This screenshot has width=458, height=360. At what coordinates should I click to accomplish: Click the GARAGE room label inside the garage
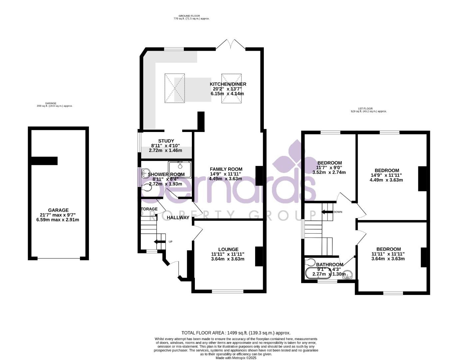[58, 210]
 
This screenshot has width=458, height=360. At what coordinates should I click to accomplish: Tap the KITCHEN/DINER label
[228, 84]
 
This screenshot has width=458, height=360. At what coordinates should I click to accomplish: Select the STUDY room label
[166, 141]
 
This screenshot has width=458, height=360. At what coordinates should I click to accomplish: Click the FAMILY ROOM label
[226, 169]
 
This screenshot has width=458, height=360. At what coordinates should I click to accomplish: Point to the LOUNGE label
[228, 249]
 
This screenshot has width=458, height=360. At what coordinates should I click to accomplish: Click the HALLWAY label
[178, 218]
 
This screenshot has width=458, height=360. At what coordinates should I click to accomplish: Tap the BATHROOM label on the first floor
[329, 265]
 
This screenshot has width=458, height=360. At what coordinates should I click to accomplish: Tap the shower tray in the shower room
[180, 169]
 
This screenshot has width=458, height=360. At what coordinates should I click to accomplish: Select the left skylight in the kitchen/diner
[175, 88]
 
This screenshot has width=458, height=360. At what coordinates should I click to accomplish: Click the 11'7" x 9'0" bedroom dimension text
[329, 168]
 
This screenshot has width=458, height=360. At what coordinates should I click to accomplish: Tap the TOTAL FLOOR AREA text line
[236, 333]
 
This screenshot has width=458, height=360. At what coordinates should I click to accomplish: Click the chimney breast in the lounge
[259, 256]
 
